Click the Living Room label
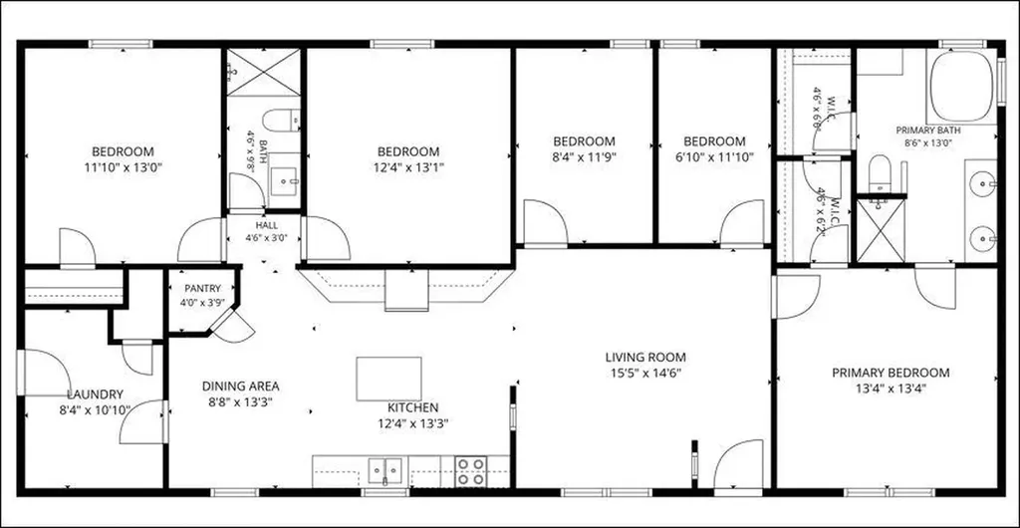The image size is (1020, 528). [x=645, y=357]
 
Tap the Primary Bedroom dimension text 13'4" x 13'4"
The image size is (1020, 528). [x=891, y=389]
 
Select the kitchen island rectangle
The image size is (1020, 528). [x=388, y=379]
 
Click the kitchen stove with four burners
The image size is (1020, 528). [x=471, y=471]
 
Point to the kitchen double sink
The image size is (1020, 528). [x=385, y=471]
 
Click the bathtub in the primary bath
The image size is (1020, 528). [x=961, y=87]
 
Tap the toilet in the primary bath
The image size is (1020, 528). [x=880, y=173]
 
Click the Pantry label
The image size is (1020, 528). [x=203, y=288]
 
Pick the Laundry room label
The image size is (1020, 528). [x=95, y=395]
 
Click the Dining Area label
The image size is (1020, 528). [x=241, y=387]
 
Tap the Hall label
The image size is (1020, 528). [x=267, y=225]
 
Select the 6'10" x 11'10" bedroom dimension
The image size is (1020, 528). [x=714, y=156]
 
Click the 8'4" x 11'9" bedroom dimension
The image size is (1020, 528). [x=584, y=156]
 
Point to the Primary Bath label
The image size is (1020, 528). [x=928, y=131]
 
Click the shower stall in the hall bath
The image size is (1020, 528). [x=263, y=72]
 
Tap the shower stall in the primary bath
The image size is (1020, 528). [x=881, y=230]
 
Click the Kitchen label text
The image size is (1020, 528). [x=413, y=407]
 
